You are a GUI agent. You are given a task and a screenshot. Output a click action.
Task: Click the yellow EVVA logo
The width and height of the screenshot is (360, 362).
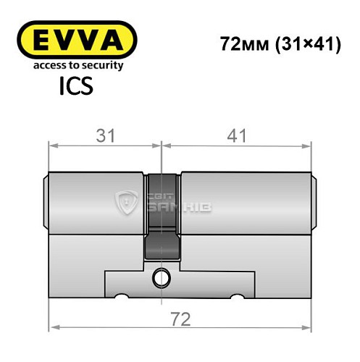(x=75, y=38)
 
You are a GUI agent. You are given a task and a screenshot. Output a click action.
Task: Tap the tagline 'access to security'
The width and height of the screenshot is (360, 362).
(x=75, y=66)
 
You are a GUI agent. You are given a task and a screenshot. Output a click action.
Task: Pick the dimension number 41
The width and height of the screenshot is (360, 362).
(x=238, y=135)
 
